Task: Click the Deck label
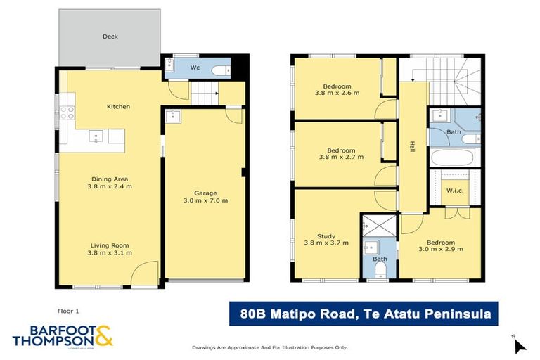coord(110,37)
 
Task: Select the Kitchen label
coord(118,107)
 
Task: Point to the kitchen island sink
coord(96,135)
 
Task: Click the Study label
coord(326,237)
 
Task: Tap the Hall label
coord(412,147)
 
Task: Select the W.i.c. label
coord(454,191)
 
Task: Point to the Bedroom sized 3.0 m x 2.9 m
coord(440,249)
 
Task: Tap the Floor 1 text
coord(69,309)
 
